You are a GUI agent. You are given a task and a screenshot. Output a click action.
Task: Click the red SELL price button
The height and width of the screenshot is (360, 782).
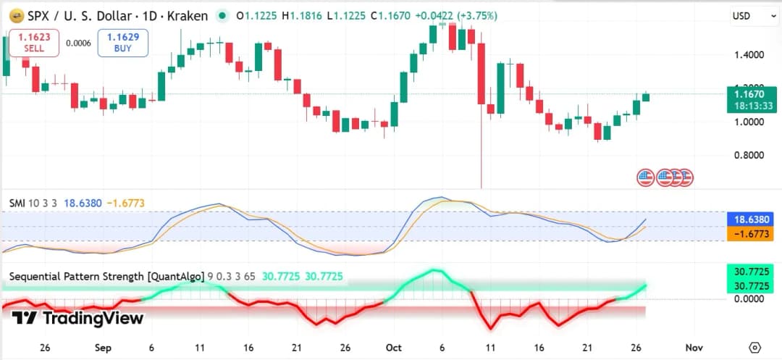(34, 43)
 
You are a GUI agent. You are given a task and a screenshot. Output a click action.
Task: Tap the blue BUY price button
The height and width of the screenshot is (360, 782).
(123, 43)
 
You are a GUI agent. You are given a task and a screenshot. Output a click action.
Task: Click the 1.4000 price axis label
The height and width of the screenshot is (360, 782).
(750, 55)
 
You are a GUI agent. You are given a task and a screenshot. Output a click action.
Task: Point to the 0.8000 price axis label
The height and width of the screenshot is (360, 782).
(750, 155)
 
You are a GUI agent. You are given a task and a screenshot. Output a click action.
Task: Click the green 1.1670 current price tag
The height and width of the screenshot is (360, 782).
(754, 99)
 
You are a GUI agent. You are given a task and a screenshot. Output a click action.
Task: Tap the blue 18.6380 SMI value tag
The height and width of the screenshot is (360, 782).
(754, 219)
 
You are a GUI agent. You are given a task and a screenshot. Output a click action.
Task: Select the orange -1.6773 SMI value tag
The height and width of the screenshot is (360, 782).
(754, 233)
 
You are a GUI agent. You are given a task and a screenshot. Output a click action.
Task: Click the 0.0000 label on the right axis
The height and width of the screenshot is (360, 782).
(750, 299)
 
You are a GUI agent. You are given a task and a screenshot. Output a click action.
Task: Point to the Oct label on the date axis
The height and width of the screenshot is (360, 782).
(394, 348)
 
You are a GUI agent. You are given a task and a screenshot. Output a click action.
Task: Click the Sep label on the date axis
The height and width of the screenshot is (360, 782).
(104, 348)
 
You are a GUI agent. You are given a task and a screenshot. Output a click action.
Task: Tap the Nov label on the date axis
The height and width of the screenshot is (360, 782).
(694, 348)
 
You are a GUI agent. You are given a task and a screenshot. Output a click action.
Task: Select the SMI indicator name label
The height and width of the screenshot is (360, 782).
(17, 204)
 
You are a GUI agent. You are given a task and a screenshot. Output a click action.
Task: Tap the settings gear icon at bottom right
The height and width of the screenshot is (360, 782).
(754, 348)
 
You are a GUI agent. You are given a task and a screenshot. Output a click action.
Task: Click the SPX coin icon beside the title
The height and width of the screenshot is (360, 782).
(14, 16)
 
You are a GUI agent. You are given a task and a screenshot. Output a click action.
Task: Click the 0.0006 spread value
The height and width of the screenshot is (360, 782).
(78, 43)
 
